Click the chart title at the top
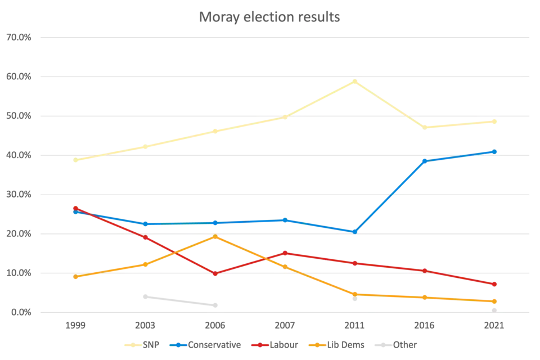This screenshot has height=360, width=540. pos(269,16)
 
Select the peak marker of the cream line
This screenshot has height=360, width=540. pos(354,81)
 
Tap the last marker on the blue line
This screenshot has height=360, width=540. pos(495,151)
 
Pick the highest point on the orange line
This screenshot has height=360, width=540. pos(216,236)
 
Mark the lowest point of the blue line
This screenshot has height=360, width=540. pos(354,231)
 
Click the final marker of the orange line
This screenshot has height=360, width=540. pos(495,301)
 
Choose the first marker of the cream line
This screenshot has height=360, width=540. pos(75,161)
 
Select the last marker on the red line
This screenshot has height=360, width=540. pos(495,283)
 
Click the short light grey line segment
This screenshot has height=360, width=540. pos(180,301)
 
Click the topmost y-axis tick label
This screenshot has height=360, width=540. pos(17,38)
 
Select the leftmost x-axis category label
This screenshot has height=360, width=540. pos(75,326)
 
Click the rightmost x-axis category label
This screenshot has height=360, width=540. pos(495,326)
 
